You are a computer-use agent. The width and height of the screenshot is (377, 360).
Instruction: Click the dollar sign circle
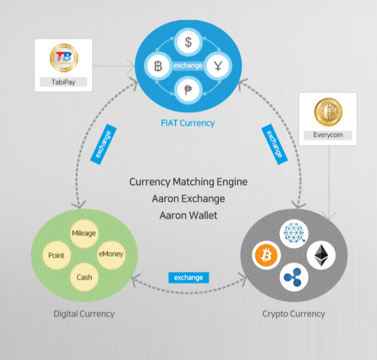[188, 42]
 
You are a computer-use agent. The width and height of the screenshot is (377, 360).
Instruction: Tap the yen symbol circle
[218, 66]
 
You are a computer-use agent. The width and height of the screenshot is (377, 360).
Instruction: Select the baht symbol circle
[158, 66]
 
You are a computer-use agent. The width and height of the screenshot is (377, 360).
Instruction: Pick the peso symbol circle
[188, 90]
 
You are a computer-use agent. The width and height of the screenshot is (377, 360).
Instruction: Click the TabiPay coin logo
[64, 58]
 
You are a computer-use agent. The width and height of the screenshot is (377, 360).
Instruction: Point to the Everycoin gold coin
[328, 112]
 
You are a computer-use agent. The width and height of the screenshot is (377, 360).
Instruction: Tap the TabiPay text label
[63, 82]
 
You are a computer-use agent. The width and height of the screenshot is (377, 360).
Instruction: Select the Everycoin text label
[328, 135]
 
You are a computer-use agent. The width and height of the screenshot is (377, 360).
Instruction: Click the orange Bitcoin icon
[266, 255]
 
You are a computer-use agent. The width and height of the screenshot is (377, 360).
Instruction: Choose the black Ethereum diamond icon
[321, 255]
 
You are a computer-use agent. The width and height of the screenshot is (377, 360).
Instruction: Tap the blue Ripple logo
[294, 277]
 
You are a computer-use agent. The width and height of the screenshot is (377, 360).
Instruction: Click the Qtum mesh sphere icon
[294, 233]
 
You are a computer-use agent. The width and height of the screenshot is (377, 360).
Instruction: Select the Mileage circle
[84, 234]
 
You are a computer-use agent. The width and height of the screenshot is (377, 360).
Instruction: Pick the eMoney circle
[111, 254]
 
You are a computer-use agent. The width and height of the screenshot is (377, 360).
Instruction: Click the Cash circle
[84, 277]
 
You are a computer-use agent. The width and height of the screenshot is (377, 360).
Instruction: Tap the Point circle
[56, 255]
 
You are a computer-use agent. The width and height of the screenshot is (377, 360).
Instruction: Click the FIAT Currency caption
[188, 123]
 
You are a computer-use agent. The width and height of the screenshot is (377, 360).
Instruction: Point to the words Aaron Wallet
[188, 215]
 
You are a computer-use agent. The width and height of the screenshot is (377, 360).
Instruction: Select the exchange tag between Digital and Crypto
[189, 278]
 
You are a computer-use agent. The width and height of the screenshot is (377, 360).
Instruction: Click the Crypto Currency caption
[294, 314]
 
